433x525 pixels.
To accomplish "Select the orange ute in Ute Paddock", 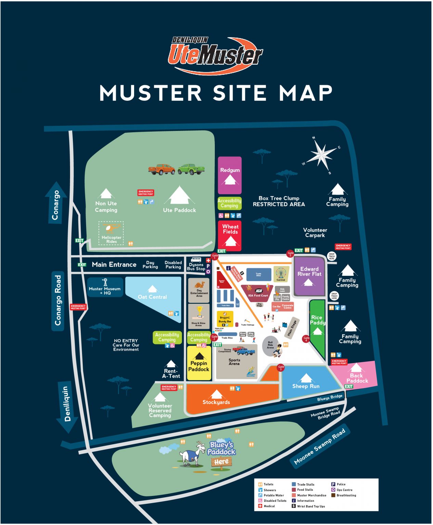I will pos(161,169).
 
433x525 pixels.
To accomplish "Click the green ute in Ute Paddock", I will pos(191,169).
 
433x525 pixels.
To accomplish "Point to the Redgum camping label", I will pos(230,170).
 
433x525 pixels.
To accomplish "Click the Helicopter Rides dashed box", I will pos(111,233).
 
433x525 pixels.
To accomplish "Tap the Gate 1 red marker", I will pos(215,256).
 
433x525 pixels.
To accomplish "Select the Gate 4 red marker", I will pos(306,339).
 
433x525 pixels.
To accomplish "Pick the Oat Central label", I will pos(152,297).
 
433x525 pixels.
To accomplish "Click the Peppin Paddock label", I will pos(199,366).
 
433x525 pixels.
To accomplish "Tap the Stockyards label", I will pos(216,402).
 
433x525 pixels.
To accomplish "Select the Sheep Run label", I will pos(306,386).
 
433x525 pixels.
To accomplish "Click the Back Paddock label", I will pos(357,378).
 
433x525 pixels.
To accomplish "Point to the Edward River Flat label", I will pos(309,271).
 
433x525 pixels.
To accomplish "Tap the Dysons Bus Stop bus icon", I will pos(196,260).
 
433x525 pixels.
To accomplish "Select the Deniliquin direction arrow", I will pos(67,407).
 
